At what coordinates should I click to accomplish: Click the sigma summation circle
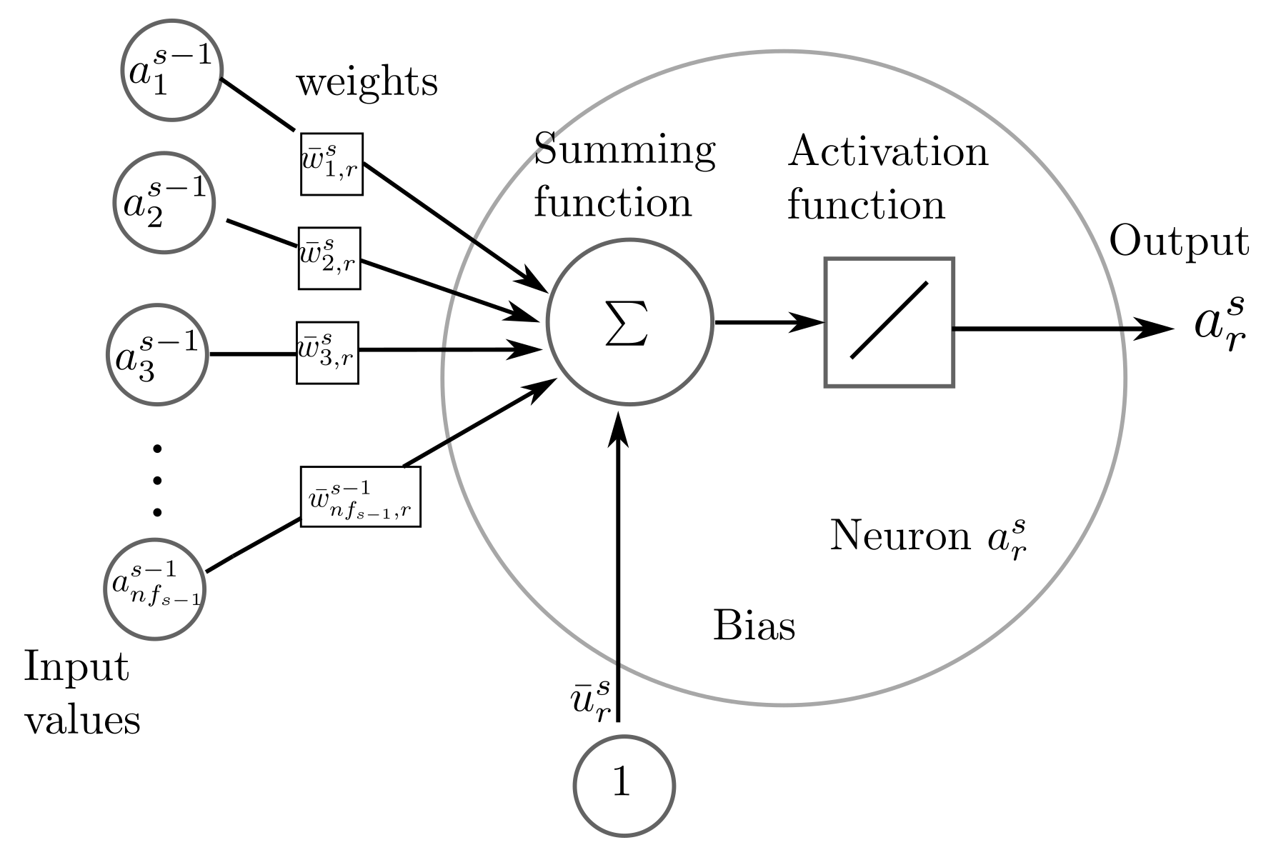[629, 322]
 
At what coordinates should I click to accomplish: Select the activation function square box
[889, 322]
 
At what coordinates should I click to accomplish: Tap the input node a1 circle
[171, 70]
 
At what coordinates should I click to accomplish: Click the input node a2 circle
[164, 202]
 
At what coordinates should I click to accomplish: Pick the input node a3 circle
[156, 354]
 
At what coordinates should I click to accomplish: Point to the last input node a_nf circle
[155, 589]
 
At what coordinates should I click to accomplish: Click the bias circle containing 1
[624, 785]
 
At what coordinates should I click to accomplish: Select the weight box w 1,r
[332, 164]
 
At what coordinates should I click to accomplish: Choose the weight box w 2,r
[329, 258]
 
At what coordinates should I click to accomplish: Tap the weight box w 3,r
[327, 353]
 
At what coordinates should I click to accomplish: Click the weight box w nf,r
[360, 496]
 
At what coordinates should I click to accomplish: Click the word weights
[367, 83]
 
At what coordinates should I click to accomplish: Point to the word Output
[1179, 243]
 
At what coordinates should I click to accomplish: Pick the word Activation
[887, 152]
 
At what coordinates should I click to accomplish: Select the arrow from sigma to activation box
[769, 322]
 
